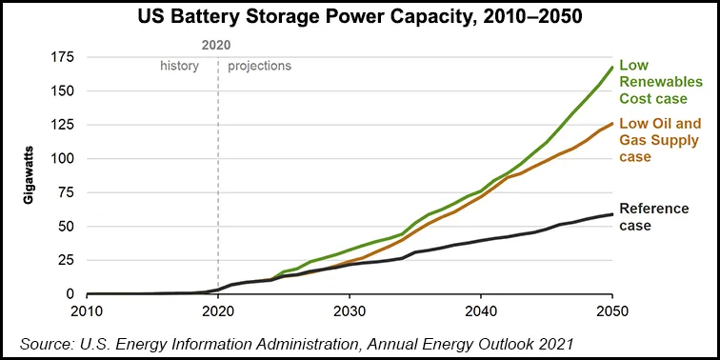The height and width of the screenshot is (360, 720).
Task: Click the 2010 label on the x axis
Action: [87, 312]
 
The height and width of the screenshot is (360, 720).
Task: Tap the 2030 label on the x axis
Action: [350, 312]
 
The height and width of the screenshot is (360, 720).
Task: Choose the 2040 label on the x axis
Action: [481, 312]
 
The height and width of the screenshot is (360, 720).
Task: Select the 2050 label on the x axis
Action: [611, 312]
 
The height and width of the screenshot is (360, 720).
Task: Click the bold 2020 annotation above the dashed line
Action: [217, 44]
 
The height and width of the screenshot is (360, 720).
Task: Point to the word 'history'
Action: [179, 67]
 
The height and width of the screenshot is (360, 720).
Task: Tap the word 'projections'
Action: [259, 67]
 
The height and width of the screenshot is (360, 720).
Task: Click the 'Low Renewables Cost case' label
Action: [659, 82]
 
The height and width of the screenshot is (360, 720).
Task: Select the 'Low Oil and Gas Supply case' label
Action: [660, 141]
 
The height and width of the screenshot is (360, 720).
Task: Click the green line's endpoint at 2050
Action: [611, 67]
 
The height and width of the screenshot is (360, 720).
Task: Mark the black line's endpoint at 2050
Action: [611, 214]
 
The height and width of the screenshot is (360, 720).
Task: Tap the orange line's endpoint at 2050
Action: [611, 123]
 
